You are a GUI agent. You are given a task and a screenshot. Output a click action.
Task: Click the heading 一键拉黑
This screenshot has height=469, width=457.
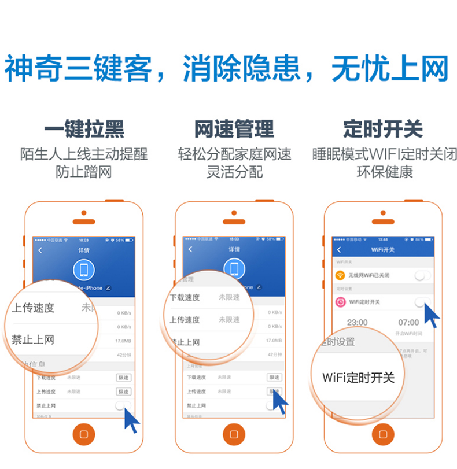click(x=84, y=129)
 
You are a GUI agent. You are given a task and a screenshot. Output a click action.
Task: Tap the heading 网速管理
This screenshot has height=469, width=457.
click(x=234, y=129)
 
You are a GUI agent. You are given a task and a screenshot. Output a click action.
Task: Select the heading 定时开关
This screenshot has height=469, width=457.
click(x=382, y=129)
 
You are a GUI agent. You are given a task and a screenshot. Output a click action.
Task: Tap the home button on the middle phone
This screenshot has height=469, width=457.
click(x=234, y=434)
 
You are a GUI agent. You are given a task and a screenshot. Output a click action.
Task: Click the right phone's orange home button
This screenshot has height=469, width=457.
click(x=383, y=434)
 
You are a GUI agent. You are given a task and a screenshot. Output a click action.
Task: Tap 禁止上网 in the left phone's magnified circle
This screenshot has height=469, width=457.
click(x=33, y=339)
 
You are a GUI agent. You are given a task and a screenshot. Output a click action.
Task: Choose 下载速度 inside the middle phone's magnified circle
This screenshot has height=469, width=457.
click(x=185, y=297)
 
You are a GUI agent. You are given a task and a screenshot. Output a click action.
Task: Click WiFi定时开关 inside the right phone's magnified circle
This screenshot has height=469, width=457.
click(x=358, y=378)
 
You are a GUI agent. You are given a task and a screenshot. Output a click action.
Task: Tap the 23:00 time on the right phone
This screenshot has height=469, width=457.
click(x=357, y=322)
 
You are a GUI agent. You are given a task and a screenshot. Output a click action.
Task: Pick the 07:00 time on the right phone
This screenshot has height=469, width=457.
click(x=408, y=322)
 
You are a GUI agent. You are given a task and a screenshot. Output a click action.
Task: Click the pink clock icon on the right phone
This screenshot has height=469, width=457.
click(x=340, y=301)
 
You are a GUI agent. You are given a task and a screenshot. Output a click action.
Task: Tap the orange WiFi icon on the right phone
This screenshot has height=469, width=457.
click(x=340, y=275)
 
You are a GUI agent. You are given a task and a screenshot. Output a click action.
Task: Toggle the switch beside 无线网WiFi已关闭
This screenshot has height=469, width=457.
click(x=422, y=275)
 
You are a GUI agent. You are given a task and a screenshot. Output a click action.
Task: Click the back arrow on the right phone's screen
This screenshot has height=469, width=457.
click(x=338, y=250)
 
